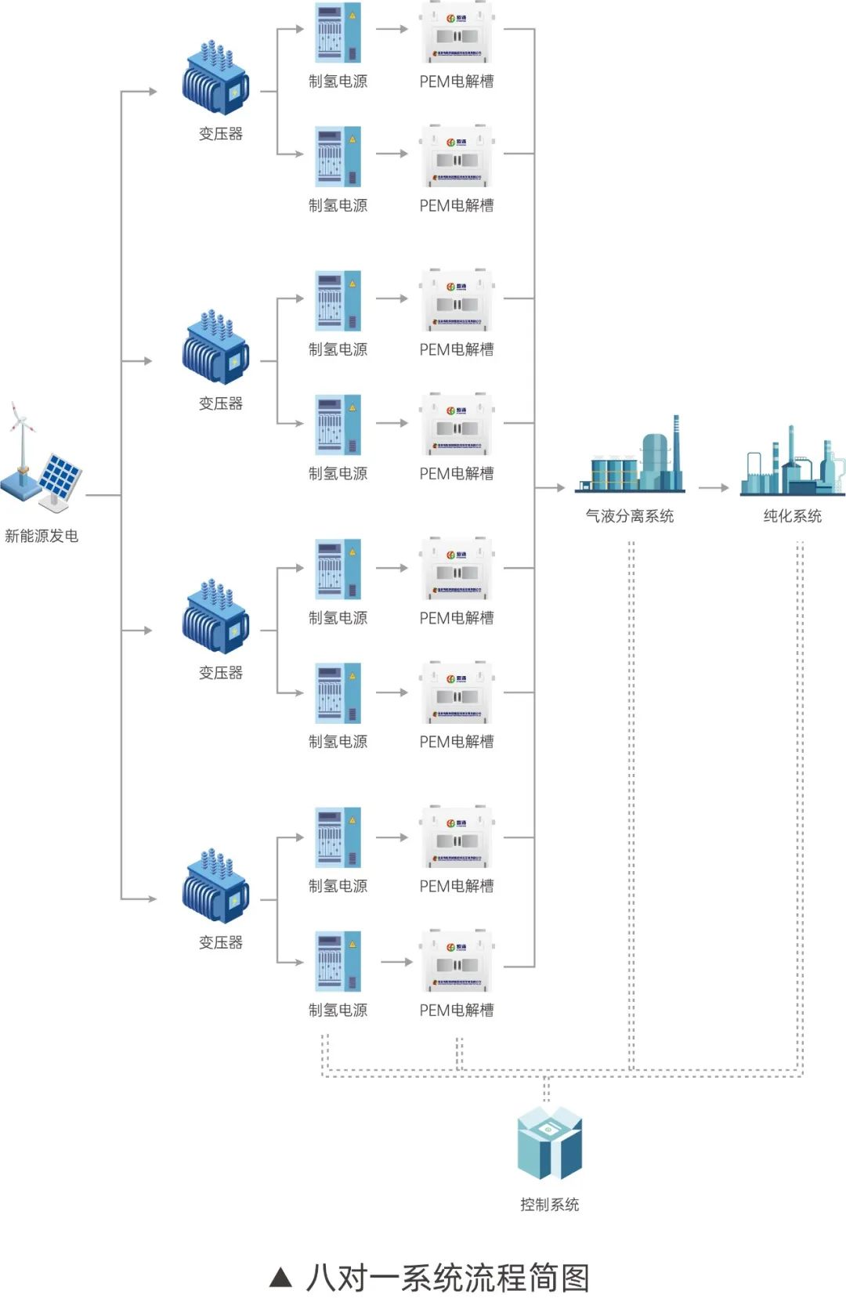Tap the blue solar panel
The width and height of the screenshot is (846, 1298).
[x=60, y=475]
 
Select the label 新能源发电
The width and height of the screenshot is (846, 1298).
[x=42, y=536]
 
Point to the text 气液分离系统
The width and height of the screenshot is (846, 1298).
[x=630, y=516]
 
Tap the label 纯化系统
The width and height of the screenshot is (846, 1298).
[x=793, y=516]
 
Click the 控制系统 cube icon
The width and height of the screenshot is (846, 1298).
[x=549, y=1144]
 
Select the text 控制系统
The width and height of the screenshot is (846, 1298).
[x=549, y=1205]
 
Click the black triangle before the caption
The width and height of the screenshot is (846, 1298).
[x=280, y=1278]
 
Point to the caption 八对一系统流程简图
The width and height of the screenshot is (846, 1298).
[x=447, y=1278]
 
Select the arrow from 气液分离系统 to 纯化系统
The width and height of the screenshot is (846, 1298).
[x=714, y=488]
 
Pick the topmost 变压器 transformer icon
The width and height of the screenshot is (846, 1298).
[x=215, y=80]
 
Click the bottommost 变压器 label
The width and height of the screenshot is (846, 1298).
[x=221, y=942]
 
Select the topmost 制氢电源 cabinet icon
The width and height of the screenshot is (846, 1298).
[x=338, y=33]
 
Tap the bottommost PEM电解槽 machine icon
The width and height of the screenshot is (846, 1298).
[x=457, y=960]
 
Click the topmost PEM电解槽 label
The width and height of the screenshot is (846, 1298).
[x=457, y=81]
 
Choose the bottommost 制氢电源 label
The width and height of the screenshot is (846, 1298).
[x=338, y=1011]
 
